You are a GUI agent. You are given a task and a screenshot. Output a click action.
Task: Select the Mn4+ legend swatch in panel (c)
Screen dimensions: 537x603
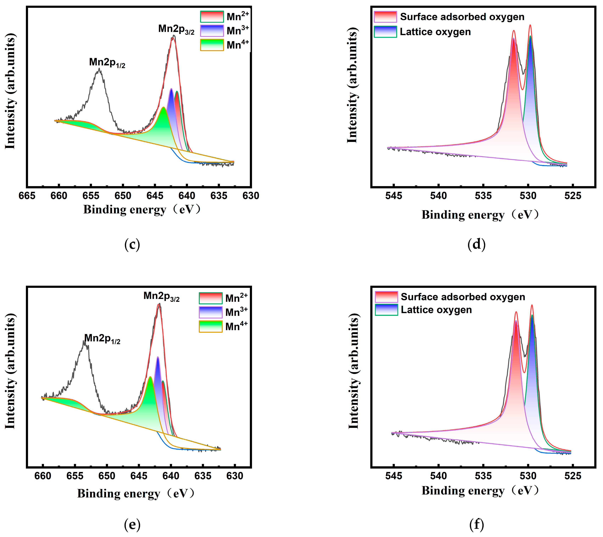coord(212,45)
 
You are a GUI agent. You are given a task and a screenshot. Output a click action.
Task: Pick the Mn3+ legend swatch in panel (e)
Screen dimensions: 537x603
coord(210,312)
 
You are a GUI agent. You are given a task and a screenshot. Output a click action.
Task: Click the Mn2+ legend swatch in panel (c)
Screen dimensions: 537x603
coord(212,16)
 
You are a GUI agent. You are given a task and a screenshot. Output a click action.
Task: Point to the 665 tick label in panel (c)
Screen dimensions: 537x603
coord(27,196)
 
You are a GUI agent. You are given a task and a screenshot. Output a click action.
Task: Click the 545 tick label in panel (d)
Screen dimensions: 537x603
coord(394,196)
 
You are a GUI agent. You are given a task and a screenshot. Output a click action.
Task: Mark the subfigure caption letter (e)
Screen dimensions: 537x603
coord(132,524)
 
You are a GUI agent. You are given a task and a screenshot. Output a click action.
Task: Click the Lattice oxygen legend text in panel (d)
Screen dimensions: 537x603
coord(435,32)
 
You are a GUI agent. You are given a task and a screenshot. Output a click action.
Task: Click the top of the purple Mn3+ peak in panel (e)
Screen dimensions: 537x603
coord(158,357)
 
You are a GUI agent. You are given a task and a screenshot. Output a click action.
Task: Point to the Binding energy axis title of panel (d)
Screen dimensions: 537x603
coord(480,215)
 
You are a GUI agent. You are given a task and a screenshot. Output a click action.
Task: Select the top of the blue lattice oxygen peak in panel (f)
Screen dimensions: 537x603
coord(532,316)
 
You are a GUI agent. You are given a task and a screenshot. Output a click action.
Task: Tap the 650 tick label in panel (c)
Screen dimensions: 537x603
coord(123,196)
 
